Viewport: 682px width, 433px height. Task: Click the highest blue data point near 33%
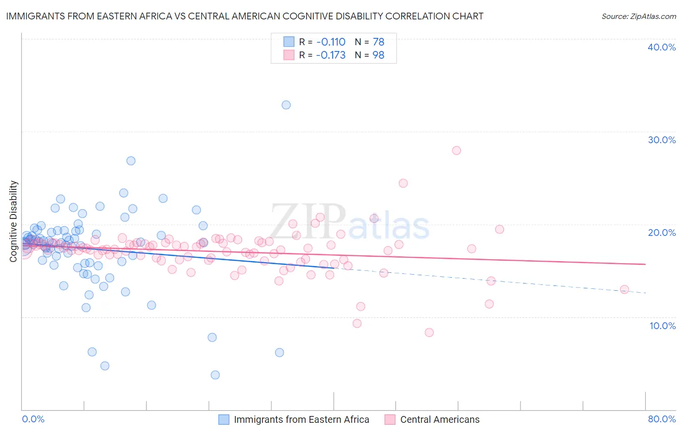coord(286,105)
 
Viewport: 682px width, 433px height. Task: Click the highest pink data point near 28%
coord(456,150)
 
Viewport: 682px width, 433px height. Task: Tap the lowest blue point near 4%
coord(215,375)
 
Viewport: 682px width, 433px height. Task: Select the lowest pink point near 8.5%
coord(429,333)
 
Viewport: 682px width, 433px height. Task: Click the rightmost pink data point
coord(625,289)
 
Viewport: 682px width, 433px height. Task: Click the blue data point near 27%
coord(131,161)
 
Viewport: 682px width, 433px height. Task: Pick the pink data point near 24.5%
coord(403,183)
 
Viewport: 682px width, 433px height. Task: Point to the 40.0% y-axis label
coord(662,47)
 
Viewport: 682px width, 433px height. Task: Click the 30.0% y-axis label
coord(662,140)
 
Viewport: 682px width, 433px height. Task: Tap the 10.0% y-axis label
coord(662,326)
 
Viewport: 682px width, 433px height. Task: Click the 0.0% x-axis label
coord(33,419)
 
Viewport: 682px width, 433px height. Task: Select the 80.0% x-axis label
coord(662,419)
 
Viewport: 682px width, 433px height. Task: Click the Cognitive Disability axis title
coord(14,221)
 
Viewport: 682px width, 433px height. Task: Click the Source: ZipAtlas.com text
coord(638,16)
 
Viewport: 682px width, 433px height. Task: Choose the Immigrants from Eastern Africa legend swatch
coord(224,419)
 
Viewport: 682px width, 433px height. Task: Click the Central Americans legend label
coord(439,419)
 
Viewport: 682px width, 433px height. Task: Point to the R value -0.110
coord(331,42)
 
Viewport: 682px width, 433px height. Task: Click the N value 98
coord(378,55)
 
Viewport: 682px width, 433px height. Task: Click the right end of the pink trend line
coord(645,264)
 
